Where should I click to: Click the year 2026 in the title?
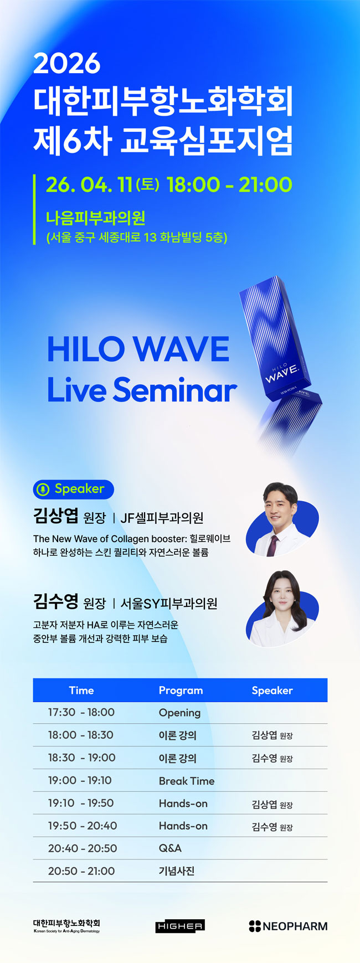click(67, 64)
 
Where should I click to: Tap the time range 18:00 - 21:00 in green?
click(229, 185)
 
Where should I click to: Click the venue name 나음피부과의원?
click(95, 218)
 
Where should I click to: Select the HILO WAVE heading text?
click(138, 349)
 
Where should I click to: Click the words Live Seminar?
click(142, 390)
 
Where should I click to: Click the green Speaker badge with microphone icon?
click(74, 489)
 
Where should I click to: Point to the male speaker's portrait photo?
click(282, 519)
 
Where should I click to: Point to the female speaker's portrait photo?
click(282, 607)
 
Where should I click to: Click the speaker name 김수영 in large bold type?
click(55, 601)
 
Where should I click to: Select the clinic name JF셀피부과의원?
click(162, 518)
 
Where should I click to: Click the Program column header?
click(181, 691)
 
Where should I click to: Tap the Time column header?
click(81, 691)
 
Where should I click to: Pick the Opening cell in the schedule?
click(179, 713)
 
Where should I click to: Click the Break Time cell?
click(187, 781)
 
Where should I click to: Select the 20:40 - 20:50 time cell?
click(83, 848)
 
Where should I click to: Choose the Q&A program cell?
click(170, 848)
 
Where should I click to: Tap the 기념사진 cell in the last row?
click(177, 871)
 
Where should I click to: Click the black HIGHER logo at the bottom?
click(180, 926)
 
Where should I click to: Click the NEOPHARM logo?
click(288, 926)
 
